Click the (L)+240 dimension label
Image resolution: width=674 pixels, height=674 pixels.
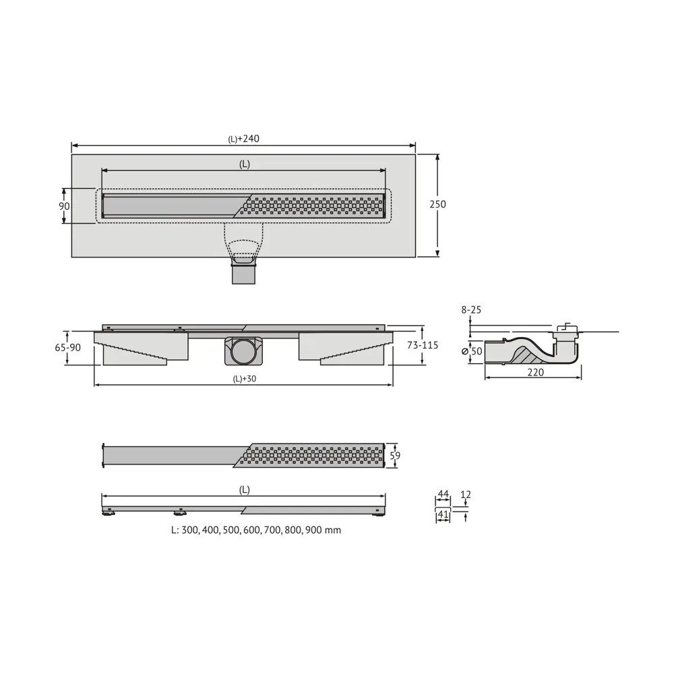[243, 139]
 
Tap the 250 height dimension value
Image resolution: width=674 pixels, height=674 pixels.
[438, 204]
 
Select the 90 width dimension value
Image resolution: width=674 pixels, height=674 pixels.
[64, 206]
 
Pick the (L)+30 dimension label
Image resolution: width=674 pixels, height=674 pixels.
[245, 379]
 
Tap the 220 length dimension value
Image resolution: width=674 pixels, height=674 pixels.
[536, 371]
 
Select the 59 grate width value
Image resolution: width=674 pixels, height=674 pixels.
[396, 456]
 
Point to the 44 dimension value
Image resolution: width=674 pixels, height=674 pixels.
[443, 495]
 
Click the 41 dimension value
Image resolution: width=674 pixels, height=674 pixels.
[443, 515]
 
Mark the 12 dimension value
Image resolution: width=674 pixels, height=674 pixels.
[466, 495]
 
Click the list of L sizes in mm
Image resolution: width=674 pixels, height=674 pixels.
[256, 530]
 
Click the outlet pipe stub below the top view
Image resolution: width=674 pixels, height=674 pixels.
[243, 274]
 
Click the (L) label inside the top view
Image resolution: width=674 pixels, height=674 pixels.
[244, 164]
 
